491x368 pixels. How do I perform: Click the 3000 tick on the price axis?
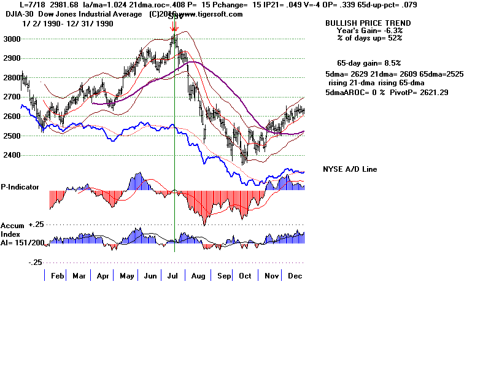point(11,39)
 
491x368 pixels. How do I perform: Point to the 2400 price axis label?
point(11,155)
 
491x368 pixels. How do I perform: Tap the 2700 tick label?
point(11,97)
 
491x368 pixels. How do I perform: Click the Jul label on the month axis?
point(174,276)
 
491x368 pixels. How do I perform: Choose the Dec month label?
point(295,276)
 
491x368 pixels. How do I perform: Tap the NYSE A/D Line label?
point(350,169)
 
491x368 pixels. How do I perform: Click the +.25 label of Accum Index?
point(37,224)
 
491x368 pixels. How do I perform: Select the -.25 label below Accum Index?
point(36,262)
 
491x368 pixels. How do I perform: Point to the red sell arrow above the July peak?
point(175,27)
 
